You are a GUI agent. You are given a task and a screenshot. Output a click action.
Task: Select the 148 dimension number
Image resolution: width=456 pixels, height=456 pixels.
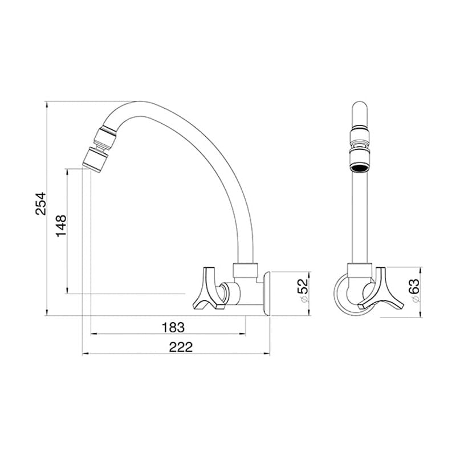click(x=62, y=226)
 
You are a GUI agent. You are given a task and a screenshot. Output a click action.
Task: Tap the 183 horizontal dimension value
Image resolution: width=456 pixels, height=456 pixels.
click(x=173, y=327)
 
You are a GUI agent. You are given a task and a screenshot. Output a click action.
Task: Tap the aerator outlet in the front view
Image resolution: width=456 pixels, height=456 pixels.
click(x=359, y=165)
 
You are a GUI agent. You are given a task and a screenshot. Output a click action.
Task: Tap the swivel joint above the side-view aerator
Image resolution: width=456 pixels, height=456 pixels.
click(x=105, y=135)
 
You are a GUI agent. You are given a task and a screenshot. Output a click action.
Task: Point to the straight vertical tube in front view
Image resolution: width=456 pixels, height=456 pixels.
click(x=359, y=217)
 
